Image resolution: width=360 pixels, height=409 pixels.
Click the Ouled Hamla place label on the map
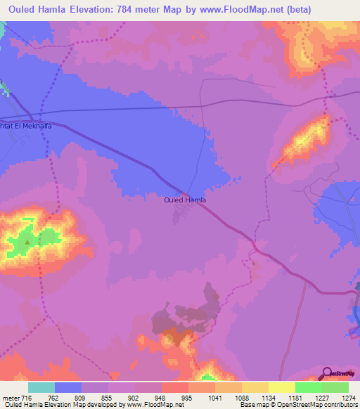[184, 200]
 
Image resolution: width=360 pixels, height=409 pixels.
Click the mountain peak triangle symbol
[27, 242]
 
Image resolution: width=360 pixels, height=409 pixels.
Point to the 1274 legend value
[349, 398]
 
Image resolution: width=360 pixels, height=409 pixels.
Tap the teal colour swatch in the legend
[41, 387]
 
